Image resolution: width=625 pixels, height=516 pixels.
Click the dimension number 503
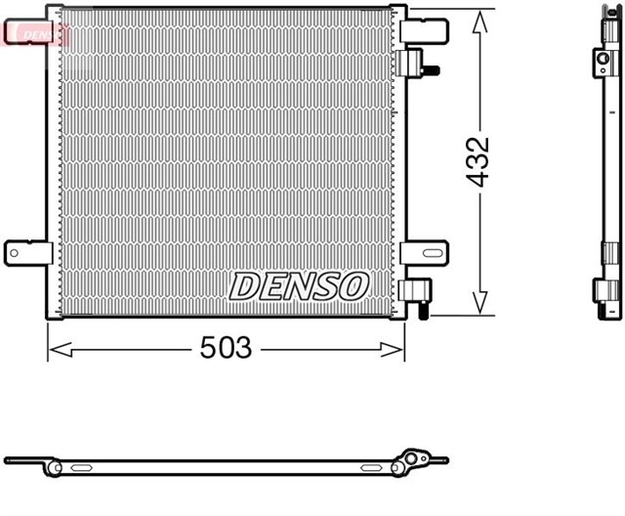(226, 348)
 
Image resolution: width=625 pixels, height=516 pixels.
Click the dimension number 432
(478, 162)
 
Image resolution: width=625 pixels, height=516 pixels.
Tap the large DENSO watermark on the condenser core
(299, 285)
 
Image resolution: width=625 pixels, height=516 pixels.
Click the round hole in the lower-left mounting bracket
(15, 253)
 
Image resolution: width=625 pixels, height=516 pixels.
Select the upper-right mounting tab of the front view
(424, 29)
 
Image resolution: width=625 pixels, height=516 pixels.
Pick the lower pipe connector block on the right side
(411, 290)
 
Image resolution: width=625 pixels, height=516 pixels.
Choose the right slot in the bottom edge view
(372, 467)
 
